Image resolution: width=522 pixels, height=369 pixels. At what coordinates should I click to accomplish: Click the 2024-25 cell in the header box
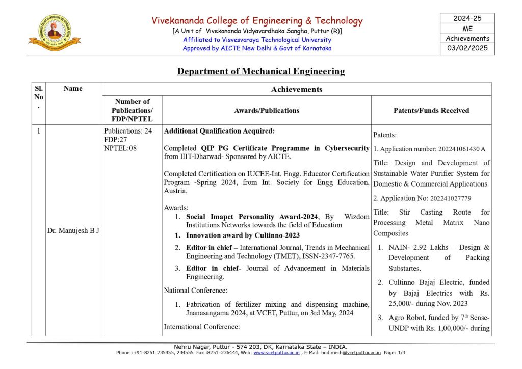coord(467,18)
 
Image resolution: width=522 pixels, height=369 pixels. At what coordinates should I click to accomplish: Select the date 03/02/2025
coord(467,48)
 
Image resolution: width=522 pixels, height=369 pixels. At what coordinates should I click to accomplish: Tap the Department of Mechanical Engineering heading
coord(261,71)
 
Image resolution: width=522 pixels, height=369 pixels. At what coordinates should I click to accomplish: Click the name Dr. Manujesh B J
coord(73,230)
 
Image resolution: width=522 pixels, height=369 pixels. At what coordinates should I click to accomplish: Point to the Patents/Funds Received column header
coord(431,110)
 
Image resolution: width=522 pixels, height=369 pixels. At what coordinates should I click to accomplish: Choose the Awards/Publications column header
coord(267,110)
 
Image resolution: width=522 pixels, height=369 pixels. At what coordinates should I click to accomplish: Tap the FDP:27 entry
coord(116,139)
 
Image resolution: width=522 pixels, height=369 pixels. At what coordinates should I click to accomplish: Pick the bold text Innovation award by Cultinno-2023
coord(243,235)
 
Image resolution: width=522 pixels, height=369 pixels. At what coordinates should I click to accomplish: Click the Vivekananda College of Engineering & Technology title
coord(257,21)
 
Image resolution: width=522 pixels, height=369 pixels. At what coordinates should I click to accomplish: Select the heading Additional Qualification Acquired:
coord(219,131)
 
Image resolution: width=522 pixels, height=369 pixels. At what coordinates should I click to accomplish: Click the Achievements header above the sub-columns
coord(297,89)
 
